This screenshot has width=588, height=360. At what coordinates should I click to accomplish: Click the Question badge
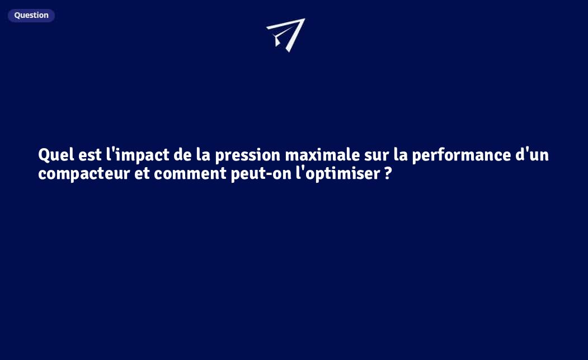click(31, 15)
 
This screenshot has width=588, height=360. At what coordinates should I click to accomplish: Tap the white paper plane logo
click(286, 34)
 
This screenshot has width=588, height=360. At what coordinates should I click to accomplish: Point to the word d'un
click(532, 155)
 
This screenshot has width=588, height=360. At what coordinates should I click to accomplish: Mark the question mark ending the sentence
click(388, 174)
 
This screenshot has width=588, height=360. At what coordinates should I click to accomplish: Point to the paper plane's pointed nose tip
click(304, 20)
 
